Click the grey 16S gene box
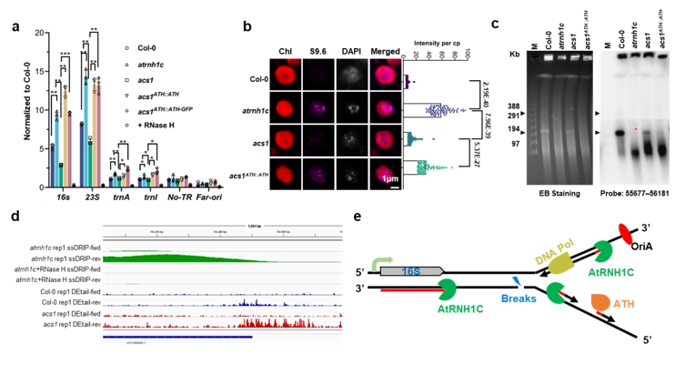(x=412, y=271)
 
